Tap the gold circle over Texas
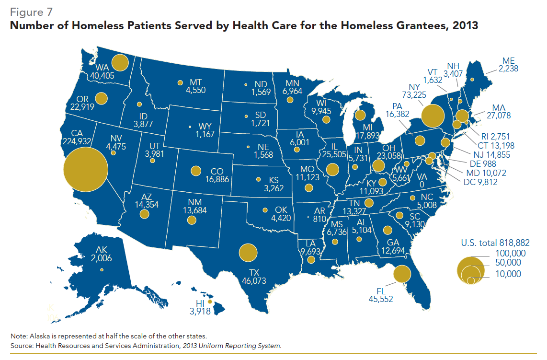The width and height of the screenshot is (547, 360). (248, 253)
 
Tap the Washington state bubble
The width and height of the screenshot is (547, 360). (120, 63)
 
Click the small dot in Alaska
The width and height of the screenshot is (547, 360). (102, 270)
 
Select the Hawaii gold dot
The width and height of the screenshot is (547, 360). (209, 302)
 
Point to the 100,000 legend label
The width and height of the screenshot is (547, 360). (510, 253)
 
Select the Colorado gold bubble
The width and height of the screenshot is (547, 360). (195, 171)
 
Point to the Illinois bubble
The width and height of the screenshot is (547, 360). (331, 170)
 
